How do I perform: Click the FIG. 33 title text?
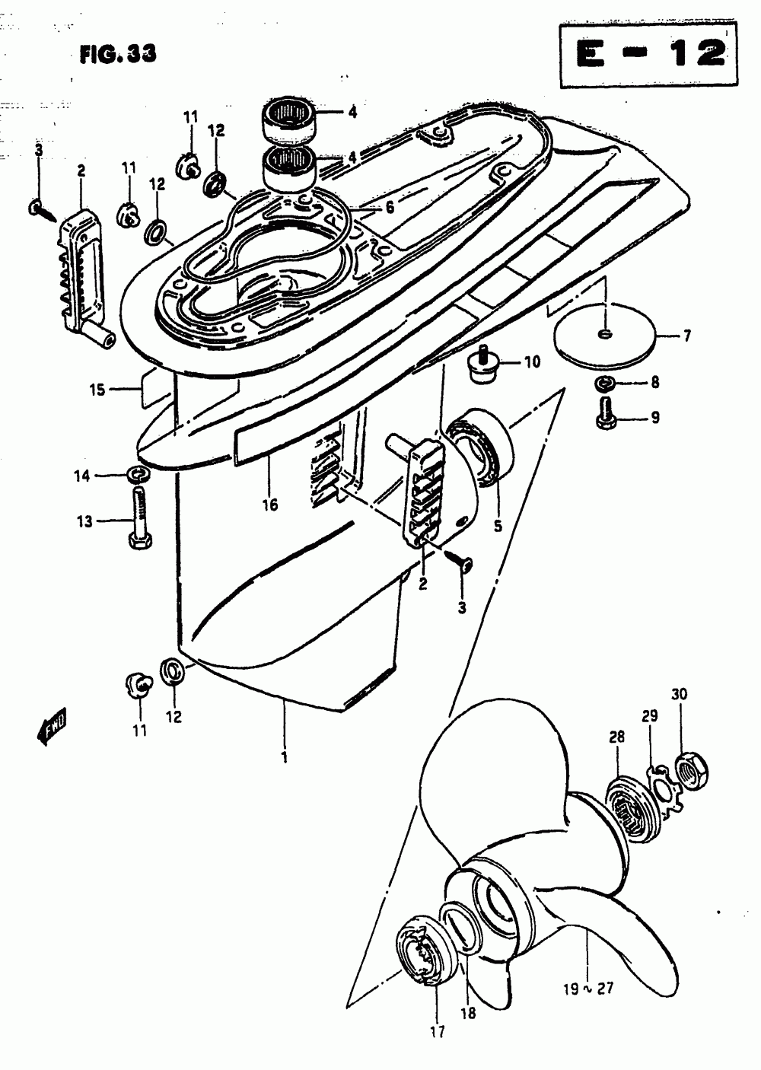point(117,54)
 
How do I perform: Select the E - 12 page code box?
point(649,55)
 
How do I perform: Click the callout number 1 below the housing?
point(285,759)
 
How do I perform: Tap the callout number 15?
point(97,391)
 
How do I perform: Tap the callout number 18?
point(467,1013)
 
